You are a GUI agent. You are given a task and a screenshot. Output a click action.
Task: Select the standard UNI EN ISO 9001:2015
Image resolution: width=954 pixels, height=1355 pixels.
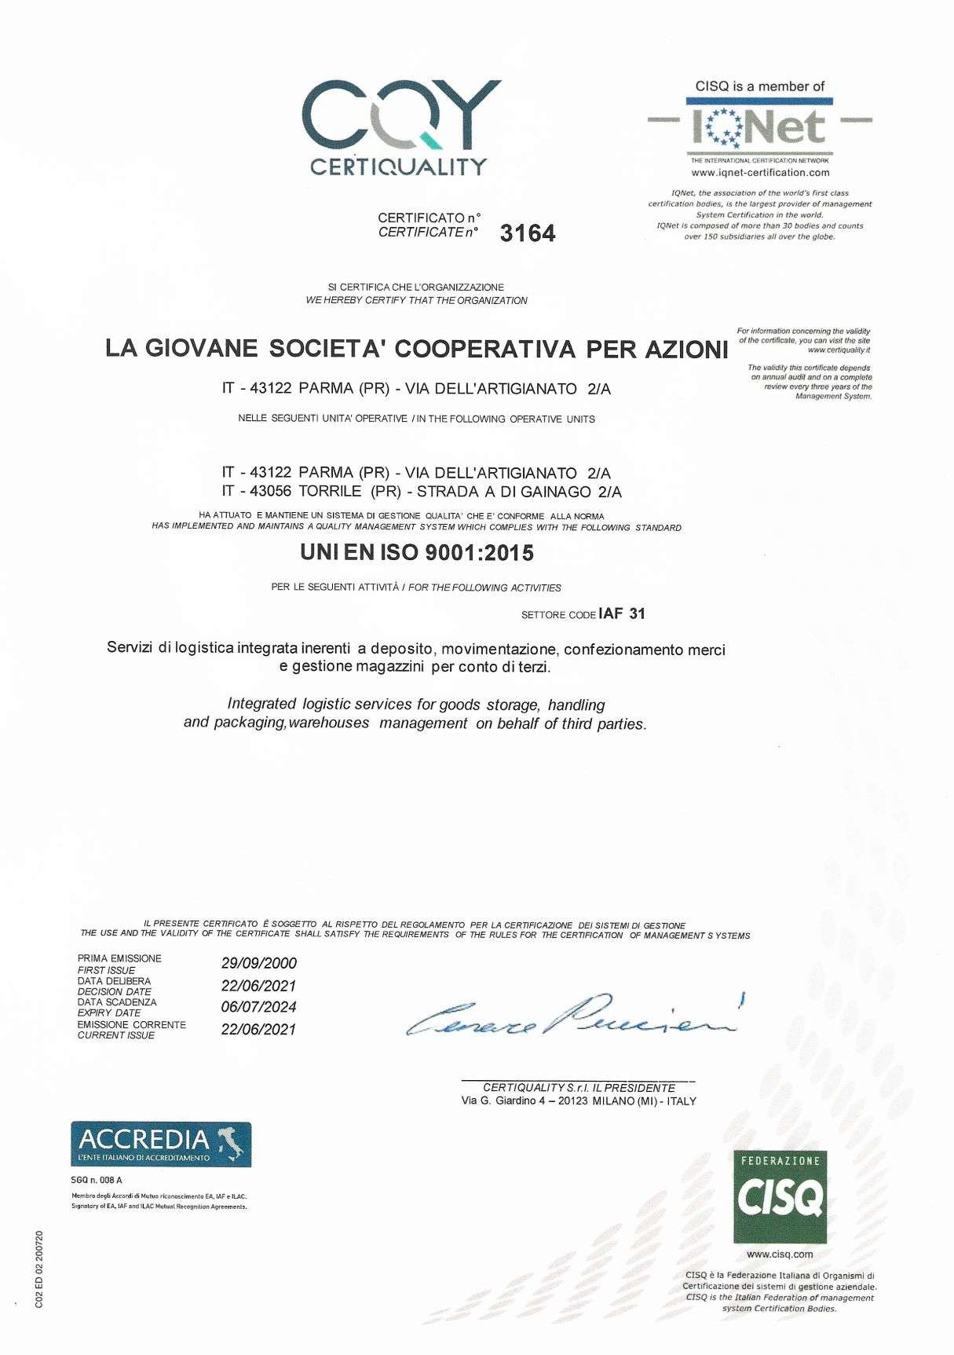pyautogui.click(x=417, y=553)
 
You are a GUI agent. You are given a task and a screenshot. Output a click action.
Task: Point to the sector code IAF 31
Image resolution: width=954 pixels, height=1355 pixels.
pyautogui.click(x=621, y=613)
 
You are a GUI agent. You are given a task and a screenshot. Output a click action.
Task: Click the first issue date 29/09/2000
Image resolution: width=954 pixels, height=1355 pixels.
pyautogui.click(x=259, y=964)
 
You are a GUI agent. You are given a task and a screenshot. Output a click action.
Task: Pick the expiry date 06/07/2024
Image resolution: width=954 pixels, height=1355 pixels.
pyautogui.click(x=258, y=1007)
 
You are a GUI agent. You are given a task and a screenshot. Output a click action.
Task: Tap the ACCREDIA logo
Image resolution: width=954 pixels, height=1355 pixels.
pyautogui.click(x=161, y=1144)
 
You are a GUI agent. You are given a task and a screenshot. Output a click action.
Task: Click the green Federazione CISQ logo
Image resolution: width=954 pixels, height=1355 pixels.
pyautogui.click(x=780, y=1197)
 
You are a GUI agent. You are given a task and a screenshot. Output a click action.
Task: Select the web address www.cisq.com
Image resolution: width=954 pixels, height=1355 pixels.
pyautogui.click(x=780, y=1254)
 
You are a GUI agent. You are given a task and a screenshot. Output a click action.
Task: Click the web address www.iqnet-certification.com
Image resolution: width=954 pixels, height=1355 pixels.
pyautogui.click(x=760, y=173)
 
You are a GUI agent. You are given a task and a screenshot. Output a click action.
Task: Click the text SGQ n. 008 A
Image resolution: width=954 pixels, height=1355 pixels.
pyautogui.click(x=97, y=1181)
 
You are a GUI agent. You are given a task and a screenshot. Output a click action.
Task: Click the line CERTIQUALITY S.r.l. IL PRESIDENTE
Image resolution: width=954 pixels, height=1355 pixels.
pyautogui.click(x=579, y=1088)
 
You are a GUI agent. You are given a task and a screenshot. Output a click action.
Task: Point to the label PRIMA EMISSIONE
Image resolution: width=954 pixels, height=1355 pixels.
pyautogui.click(x=119, y=958)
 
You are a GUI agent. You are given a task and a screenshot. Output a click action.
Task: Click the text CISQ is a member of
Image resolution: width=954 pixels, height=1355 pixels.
pyautogui.click(x=760, y=86)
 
